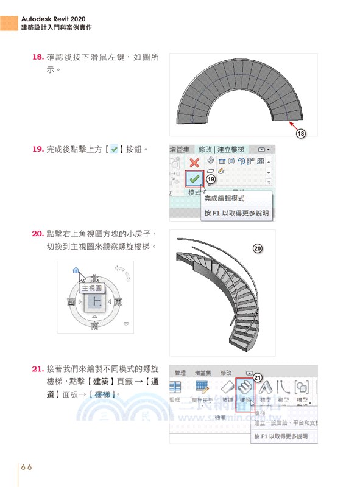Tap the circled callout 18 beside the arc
tap(300, 133)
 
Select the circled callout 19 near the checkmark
tap(211, 180)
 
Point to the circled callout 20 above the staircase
tap(257, 248)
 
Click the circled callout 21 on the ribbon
tap(257, 377)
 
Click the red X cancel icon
tap(194, 163)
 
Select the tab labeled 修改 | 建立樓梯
tap(222, 149)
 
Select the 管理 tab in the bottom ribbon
tap(180, 373)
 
